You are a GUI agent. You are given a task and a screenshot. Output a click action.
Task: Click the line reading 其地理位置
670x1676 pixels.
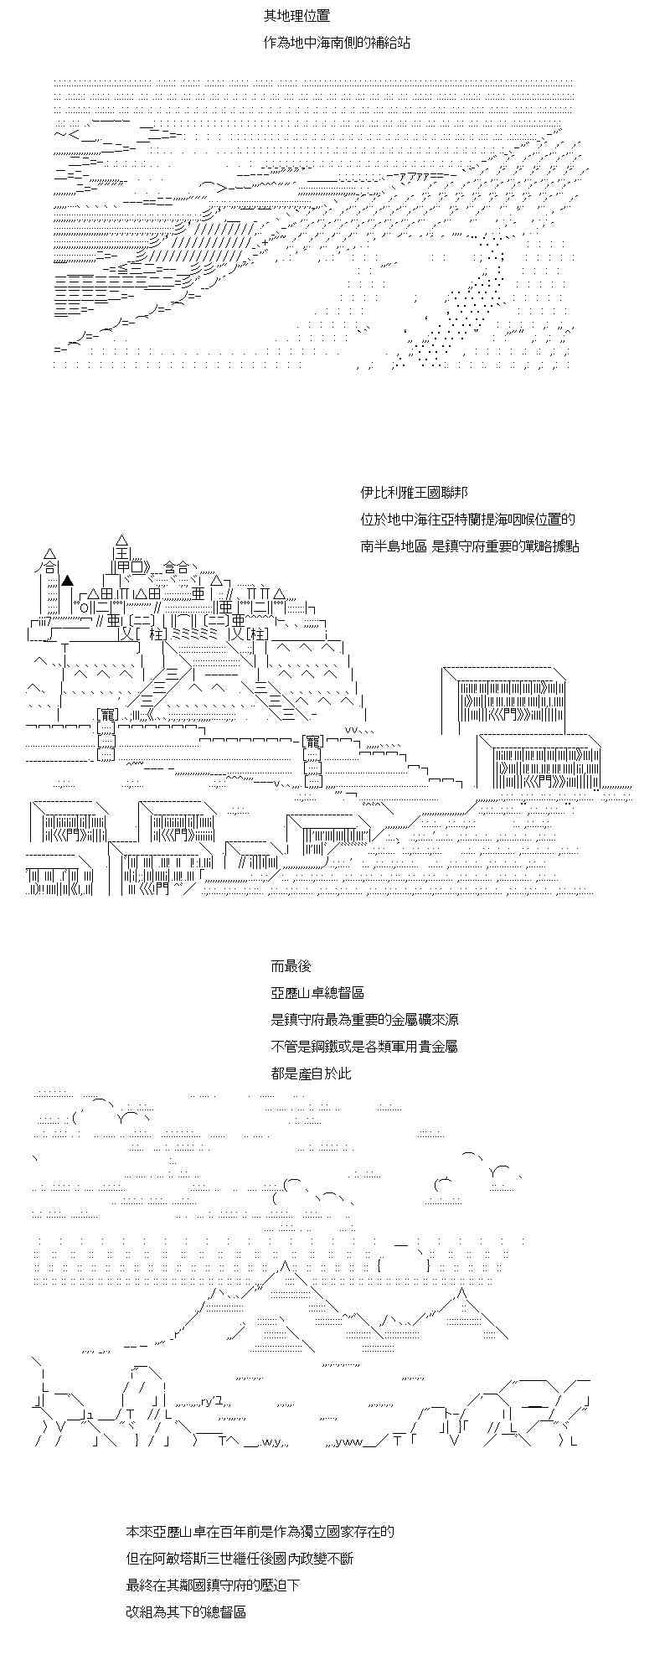pos(291,16)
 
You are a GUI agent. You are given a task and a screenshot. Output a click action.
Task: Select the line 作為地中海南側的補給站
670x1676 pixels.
pos(337,42)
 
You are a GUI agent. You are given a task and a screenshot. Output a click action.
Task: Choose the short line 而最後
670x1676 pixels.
pos(291,966)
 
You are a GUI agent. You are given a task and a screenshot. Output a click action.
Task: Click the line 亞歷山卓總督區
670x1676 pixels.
pos(317,993)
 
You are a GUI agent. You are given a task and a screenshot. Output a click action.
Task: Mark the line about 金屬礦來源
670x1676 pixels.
pos(364,1020)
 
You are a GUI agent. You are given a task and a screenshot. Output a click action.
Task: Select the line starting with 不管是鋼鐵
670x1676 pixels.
pos(364,1047)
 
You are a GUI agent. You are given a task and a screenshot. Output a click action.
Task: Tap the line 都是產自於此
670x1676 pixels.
pos(311,1073)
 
